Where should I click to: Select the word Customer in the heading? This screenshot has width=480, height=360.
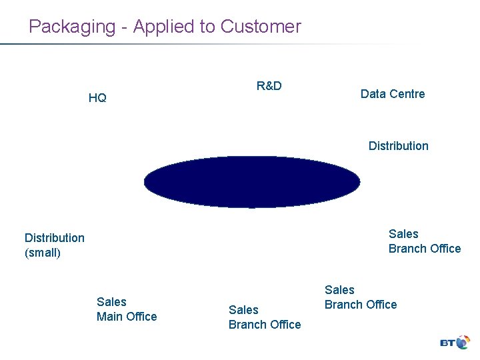coord(261,27)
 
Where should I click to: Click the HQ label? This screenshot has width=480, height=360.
coord(97,98)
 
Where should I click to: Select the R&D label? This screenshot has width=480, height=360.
coord(269,86)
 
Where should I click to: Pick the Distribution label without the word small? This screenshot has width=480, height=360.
coord(399,146)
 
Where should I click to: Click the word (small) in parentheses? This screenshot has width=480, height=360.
coord(43,253)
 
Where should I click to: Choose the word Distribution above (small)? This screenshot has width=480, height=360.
coord(55,238)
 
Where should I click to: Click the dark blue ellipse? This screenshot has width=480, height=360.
coord(252,181)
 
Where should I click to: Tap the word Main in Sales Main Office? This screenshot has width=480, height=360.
coord(111,317)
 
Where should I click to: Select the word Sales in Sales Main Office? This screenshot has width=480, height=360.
coord(111,302)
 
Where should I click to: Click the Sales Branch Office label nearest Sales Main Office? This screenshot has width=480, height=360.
coord(265,317)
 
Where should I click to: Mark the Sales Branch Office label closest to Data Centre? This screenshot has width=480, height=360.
coord(425,241)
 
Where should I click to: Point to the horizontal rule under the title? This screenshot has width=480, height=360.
coord(200,45)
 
